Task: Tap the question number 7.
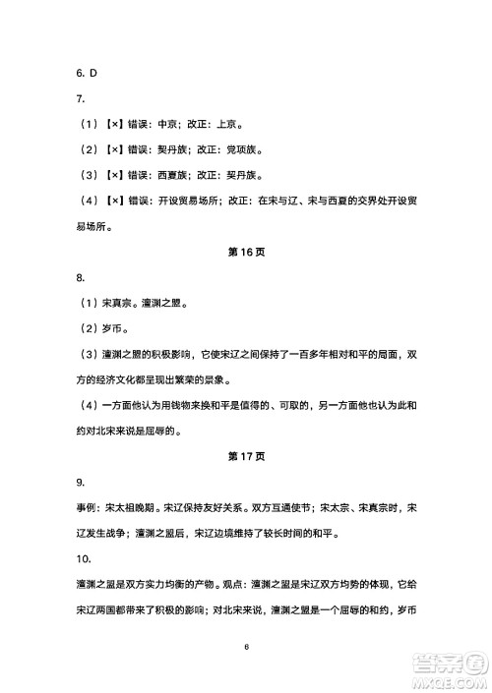(80, 98)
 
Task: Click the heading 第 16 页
(246, 253)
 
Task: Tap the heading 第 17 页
(246, 455)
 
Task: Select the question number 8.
(80, 278)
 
